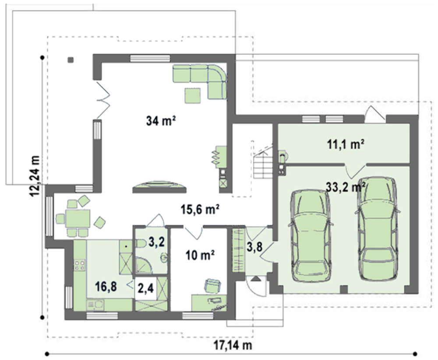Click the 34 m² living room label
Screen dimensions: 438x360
coord(161,121)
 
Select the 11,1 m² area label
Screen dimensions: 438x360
coord(346,145)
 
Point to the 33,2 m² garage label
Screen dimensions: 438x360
coord(346,187)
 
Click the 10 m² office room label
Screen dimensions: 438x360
coord(200,255)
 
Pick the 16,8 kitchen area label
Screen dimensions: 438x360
coord(106,286)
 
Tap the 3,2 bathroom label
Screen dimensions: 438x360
coord(156,242)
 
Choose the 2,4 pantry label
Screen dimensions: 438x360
coord(146,288)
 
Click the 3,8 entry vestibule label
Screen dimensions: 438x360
coord(255,246)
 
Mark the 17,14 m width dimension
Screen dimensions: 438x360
coord(233,345)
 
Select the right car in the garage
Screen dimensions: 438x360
coord(377,229)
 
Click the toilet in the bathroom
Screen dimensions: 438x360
coord(141,244)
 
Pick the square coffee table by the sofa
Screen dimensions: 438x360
coord(192,95)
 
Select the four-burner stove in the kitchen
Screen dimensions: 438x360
coord(80,265)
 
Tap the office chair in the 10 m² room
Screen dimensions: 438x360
coord(212,286)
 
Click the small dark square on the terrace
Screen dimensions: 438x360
coord(71,60)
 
